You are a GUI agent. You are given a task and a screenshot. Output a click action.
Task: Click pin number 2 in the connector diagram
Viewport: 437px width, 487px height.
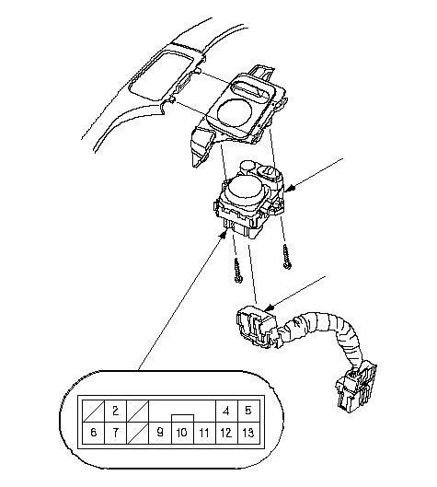click(115, 411)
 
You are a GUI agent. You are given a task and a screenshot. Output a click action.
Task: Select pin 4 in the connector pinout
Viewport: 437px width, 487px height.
click(226, 411)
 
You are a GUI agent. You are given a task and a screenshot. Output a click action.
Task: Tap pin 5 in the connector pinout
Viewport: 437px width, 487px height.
click(248, 411)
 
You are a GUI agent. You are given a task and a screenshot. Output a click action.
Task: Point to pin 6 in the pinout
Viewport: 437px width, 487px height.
click(94, 433)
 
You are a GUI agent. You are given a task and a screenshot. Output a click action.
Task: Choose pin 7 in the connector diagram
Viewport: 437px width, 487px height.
click(115, 433)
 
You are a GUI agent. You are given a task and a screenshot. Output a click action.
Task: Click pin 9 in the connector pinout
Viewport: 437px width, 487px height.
click(160, 433)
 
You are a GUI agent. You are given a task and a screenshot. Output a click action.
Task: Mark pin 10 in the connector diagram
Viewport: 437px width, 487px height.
click(182, 433)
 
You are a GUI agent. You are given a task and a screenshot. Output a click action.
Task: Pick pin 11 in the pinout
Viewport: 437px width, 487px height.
click(204, 433)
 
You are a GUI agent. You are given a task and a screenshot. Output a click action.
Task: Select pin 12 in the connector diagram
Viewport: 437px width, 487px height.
click(226, 433)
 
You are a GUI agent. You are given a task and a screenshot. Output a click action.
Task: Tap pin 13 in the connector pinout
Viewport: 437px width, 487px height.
click(248, 433)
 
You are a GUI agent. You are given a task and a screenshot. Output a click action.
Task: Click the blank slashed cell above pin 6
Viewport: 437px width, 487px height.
click(94, 411)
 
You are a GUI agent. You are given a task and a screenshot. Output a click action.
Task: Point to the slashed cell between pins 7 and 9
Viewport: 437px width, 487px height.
click(138, 433)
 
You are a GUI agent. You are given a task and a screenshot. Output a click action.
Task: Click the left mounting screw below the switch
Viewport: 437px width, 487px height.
click(238, 271)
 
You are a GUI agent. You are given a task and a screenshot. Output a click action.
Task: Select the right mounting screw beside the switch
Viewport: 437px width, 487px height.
click(287, 257)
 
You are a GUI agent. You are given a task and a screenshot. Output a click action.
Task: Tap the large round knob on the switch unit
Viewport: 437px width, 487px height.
click(246, 190)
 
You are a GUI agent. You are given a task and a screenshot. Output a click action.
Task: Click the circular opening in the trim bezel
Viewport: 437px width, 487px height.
click(235, 112)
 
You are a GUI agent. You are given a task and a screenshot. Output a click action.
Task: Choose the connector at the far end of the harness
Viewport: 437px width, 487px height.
click(357, 386)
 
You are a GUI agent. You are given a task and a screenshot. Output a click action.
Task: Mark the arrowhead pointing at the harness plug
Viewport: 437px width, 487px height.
click(269, 307)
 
